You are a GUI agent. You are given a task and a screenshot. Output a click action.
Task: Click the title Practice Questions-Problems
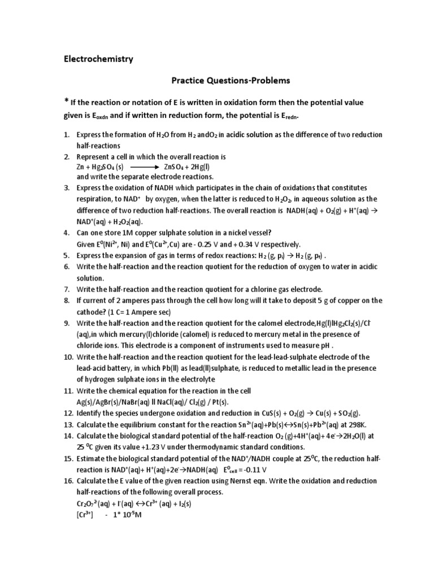coord(231,81)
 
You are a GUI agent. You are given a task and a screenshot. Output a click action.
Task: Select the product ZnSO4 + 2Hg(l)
coord(189,167)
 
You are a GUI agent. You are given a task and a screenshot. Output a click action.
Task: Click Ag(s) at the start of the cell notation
coord(86,402)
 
